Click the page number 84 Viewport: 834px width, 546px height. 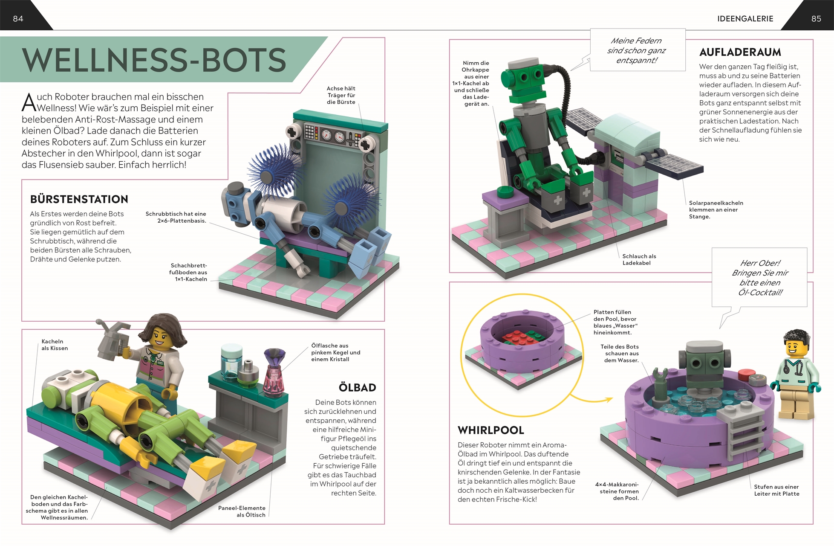[x=18, y=19]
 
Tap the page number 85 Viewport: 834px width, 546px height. [x=816, y=19]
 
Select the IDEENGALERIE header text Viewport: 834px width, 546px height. [x=745, y=19]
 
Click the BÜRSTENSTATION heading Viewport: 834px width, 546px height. [x=79, y=199]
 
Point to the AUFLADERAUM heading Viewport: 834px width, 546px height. [x=740, y=52]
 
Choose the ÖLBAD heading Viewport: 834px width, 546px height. [x=357, y=387]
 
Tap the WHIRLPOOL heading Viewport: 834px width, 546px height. [x=491, y=430]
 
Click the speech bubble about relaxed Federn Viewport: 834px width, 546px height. [x=638, y=50]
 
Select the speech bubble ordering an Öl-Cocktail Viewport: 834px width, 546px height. [x=760, y=277]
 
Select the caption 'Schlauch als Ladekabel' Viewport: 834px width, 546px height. [x=639, y=259]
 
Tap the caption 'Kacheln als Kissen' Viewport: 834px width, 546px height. [x=55, y=345]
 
